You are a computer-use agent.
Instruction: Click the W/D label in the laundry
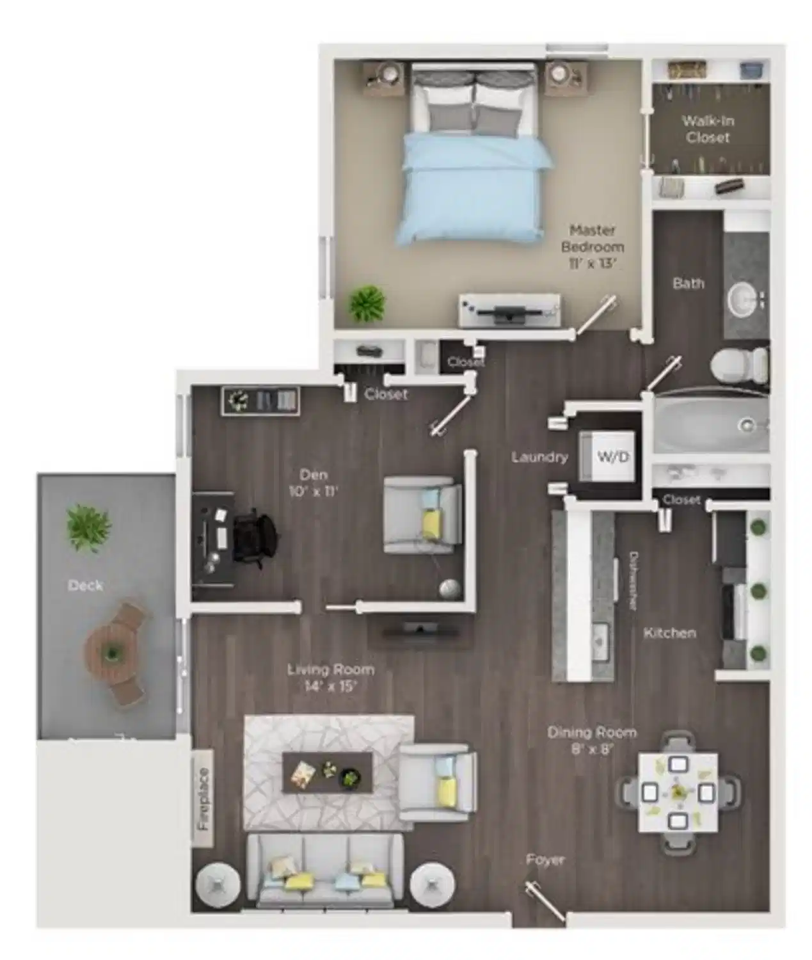(x=613, y=456)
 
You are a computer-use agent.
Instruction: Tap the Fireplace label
(x=203, y=798)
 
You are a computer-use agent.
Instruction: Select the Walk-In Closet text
(x=707, y=129)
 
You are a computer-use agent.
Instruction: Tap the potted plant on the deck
(x=88, y=528)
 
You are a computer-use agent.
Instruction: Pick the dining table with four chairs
(x=678, y=793)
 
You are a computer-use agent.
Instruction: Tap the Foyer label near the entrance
(x=545, y=860)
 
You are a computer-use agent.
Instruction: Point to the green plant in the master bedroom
(x=367, y=303)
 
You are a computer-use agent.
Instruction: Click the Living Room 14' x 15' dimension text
(x=330, y=678)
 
